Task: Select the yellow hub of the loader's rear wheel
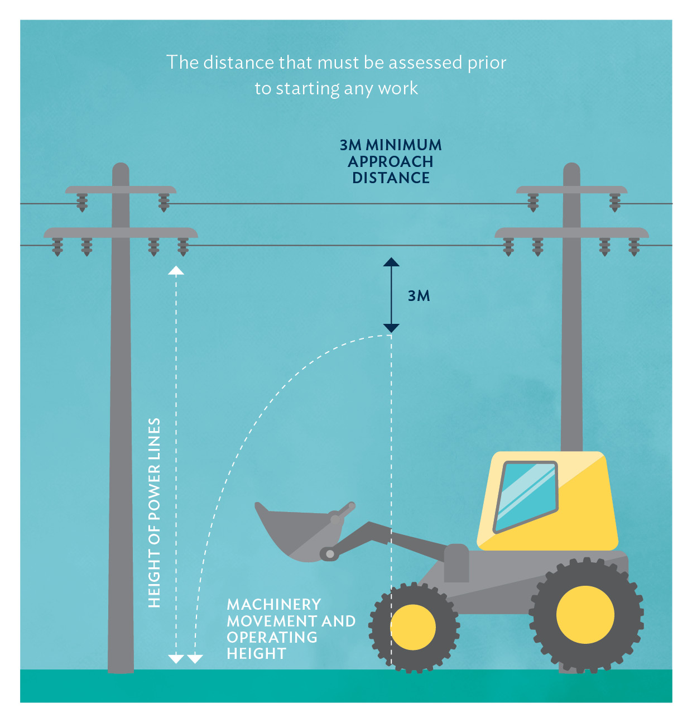[585, 614]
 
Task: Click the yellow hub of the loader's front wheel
[413, 627]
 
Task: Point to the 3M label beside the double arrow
[419, 296]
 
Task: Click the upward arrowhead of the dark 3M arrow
[391, 262]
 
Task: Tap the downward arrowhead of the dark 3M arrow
[391, 328]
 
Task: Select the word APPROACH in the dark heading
[391, 162]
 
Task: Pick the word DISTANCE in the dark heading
[391, 178]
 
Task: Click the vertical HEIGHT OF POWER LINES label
[155, 512]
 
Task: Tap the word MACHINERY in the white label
[274, 605]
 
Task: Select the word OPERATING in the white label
[272, 637]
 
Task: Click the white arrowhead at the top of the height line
[176, 271]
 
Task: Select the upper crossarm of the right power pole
[571, 190]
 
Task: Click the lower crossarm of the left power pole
[121, 232]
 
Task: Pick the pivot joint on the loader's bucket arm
[330, 554]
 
